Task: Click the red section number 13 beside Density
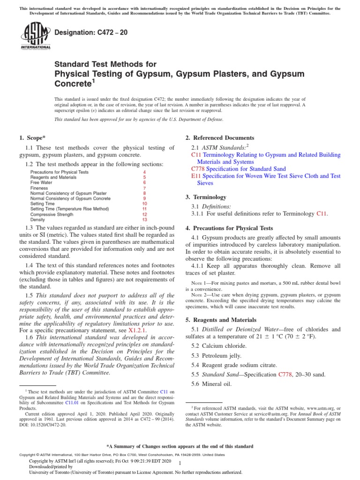[x=144, y=219]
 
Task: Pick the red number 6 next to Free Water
[x=144, y=183]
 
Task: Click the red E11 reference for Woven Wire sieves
[x=195, y=176]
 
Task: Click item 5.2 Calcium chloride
[x=217, y=345]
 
